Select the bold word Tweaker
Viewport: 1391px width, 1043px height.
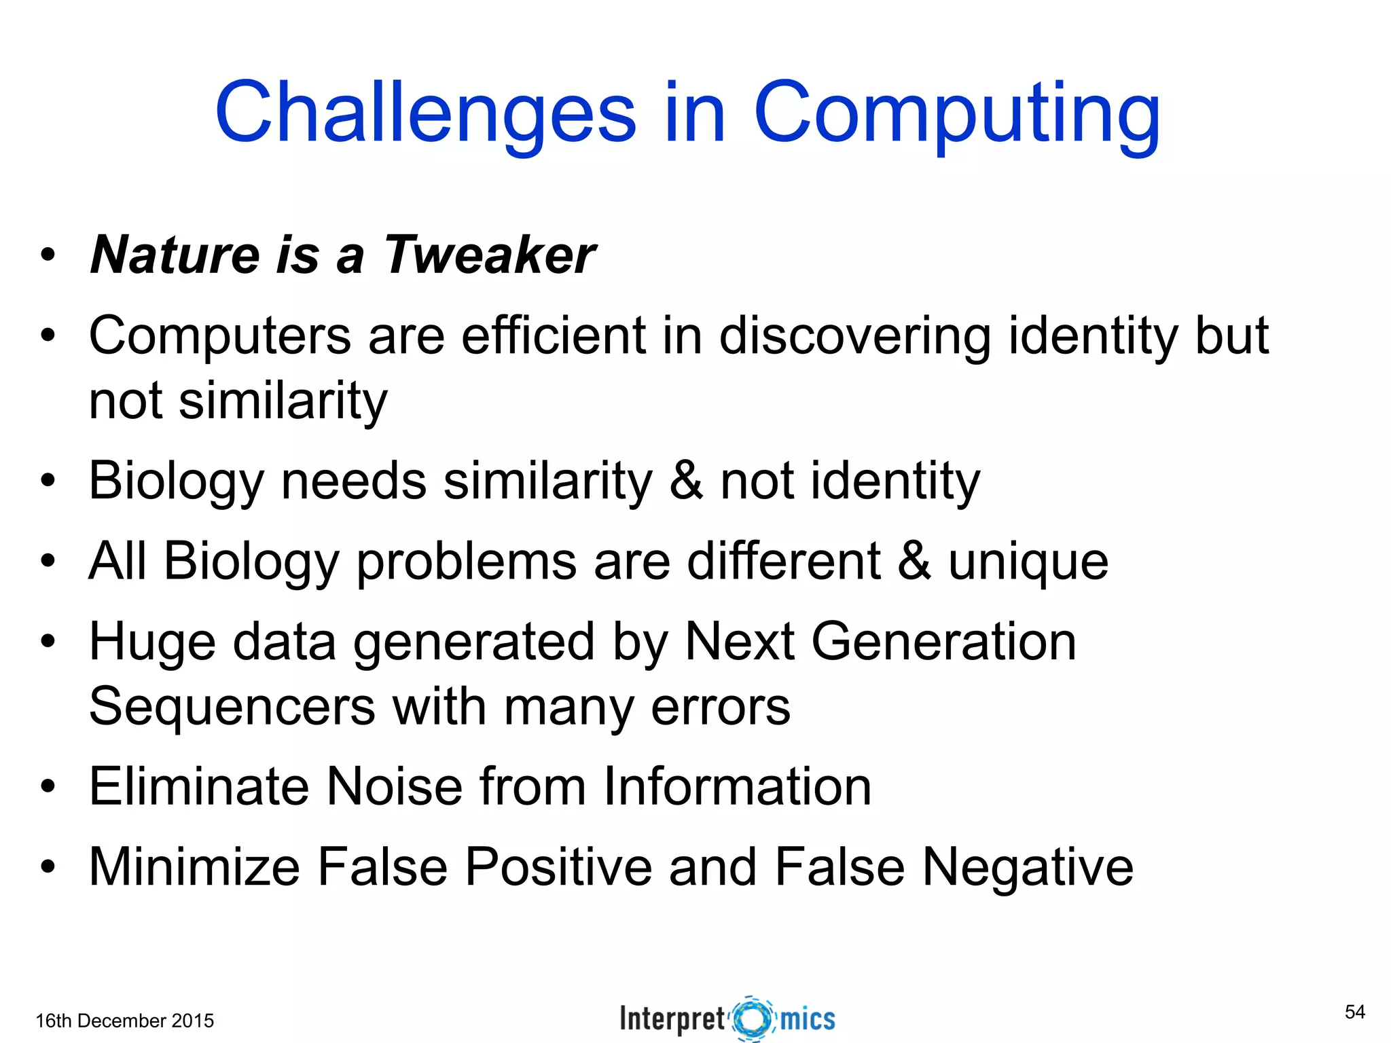490,255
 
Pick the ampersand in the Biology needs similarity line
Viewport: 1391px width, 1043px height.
686,481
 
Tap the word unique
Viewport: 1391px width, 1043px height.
1028,562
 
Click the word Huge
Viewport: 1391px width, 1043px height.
151,642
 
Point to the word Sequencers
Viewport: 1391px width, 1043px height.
232,706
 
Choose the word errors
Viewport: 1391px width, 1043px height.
721,706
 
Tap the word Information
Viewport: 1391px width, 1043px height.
737,786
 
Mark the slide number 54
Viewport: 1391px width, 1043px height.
1354,1012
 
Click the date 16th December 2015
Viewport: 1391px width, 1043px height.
124,1021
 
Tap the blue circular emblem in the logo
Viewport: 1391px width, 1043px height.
753,1019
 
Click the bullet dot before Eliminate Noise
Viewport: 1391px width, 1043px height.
47,787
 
